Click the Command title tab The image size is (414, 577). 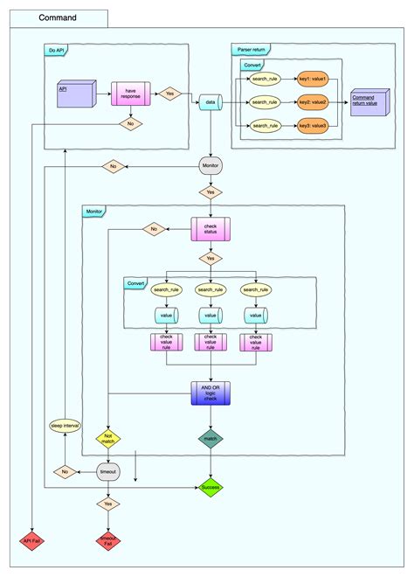click(x=58, y=17)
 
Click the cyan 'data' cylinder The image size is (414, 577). click(x=210, y=102)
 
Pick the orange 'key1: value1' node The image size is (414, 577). click(x=312, y=79)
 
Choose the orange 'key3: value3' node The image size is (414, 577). click(x=312, y=126)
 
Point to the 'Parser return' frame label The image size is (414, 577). click(x=251, y=50)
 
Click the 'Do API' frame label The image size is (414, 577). click(x=57, y=50)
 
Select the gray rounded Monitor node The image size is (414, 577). click(x=210, y=166)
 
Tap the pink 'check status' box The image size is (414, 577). click(x=210, y=230)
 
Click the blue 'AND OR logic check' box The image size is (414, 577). click(x=210, y=393)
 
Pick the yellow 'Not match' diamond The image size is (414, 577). click(x=108, y=439)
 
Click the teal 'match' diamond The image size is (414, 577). click(x=210, y=439)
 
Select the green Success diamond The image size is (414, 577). click(x=210, y=487)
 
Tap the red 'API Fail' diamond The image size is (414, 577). click(x=31, y=541)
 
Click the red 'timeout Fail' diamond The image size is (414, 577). click(x=108, y=541)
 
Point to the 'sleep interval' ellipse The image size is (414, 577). click(x=66, y=426)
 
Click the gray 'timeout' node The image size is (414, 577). click(x=108, y=472)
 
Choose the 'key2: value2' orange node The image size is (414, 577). click(x=312, y=102)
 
